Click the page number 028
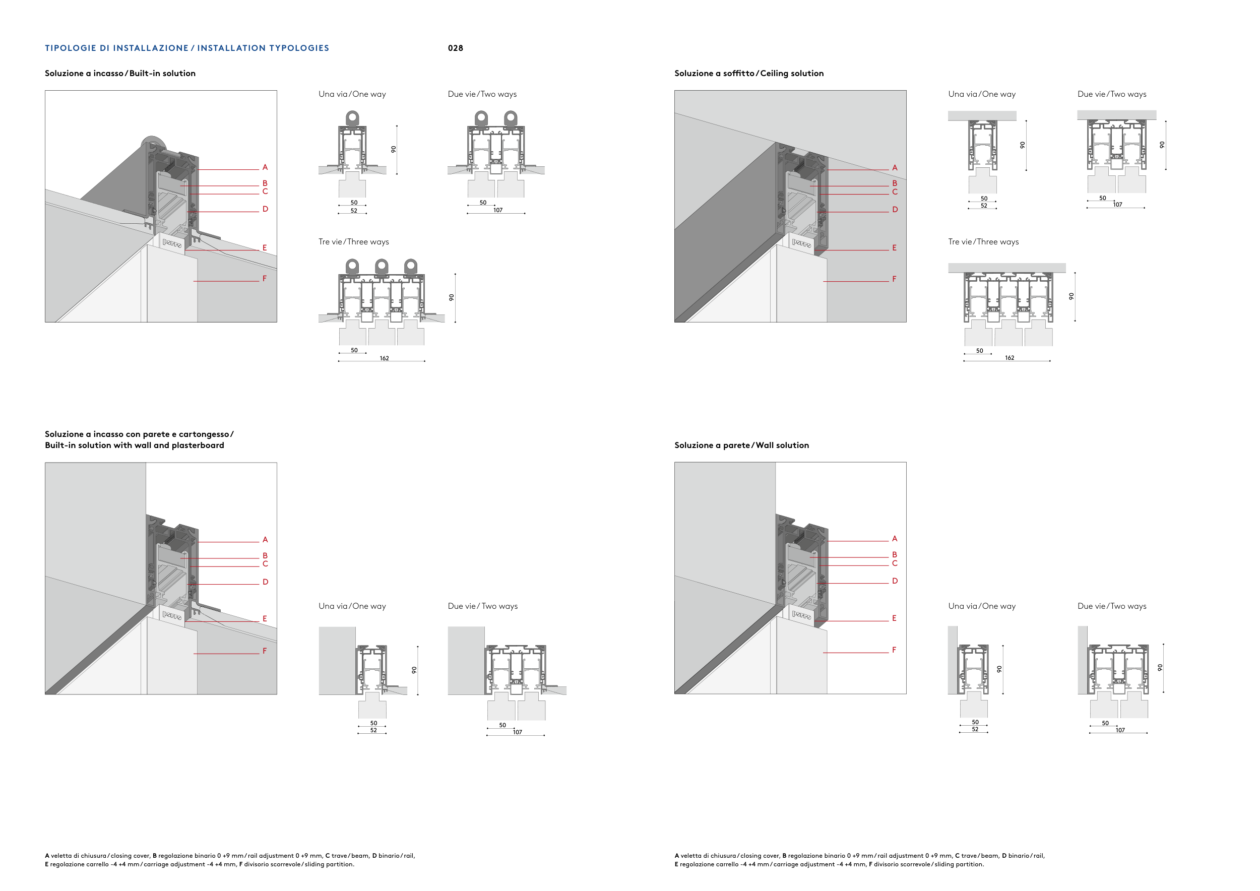pyautogui.click(x=455, y=48)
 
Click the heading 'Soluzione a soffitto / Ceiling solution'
pyautogui.click(x=748, y=74)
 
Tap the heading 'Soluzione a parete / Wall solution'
pyautogui.click(x=741, y=445)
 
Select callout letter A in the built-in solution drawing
pyautogui.click(x=265, y=167)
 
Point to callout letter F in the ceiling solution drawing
pyautogui.click(x=894, y=279)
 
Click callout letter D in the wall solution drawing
pyautogui.click(x=895, y=581)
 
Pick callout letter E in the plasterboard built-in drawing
pyautogui.click(x=265, y=619)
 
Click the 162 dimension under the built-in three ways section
pyautogui.click(x=384, y=358)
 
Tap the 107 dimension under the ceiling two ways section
pyautogui.click(x=1117, y=205)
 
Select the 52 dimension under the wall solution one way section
pyautogui.click(x=975, y=730)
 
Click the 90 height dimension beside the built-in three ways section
pyautogui.click(x=452, y=297)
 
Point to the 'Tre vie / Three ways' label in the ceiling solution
pyautogui.click(x=983, y=242)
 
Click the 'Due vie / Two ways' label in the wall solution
pyautogui.click(x=1111, y=606)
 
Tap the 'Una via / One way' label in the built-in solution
pyautogui.click(x=352, y=94)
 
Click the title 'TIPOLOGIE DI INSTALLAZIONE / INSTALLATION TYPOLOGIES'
pyautogui.click(x=186, y=48)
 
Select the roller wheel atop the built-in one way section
pyautogui.click(x=352, y=117)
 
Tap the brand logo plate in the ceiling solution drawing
pyautogui.click(x=801, y=242)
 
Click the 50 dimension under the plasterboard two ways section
pyautogui.click(x=502, y=725)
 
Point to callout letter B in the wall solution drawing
pyautogui.click(x=895, y=555)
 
